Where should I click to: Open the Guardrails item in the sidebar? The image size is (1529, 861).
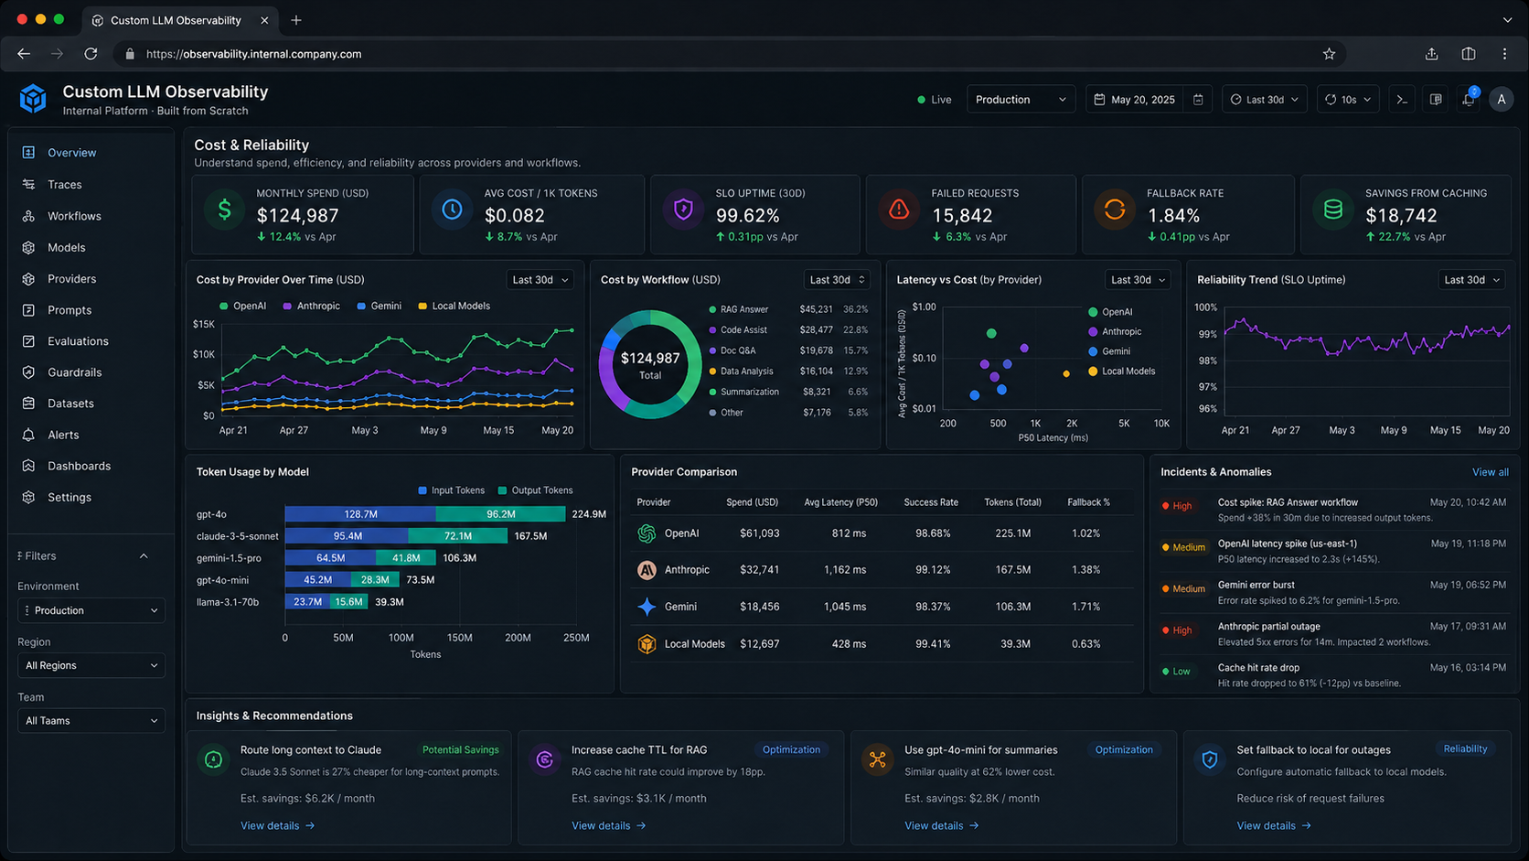[x=73, y=372]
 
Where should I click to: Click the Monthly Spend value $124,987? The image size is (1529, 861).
[x=297, y=216]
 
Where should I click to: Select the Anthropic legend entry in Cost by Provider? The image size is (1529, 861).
[x=317, y=307]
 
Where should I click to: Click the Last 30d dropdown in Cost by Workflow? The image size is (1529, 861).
[x=836, y=280]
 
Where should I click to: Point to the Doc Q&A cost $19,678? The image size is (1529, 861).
[x=816, y=350]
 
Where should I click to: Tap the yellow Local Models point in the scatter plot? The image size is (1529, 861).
[x=1066, y=373]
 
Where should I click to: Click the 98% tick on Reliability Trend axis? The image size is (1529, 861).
[x=1207, y=361]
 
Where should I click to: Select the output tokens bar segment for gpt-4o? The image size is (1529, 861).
[x=500, y=514]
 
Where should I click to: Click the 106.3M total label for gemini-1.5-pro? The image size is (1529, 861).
[x=460, y=558]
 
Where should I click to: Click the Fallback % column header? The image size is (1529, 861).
[x=1088, y=502]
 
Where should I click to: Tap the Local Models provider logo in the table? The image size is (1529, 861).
[x=647, y=644]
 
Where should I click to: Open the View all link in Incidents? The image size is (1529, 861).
[x=1490, y=472]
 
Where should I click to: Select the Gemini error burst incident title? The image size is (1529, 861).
[x=1256, y=585]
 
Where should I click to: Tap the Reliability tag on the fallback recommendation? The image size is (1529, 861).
[x=1465, y=748]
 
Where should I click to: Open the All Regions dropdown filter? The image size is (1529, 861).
[x=91, y=665]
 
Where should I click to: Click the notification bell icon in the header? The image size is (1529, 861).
[x=1468, y=100]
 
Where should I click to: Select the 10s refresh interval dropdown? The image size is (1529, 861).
[x=1348, y=100]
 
